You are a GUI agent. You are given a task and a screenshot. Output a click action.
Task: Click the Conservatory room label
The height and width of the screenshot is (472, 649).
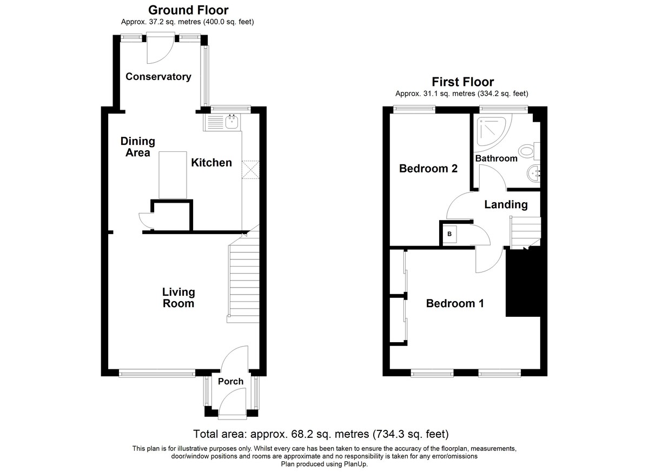coord(158,76)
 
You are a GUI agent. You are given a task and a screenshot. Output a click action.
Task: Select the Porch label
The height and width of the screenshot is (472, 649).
coord(230,381)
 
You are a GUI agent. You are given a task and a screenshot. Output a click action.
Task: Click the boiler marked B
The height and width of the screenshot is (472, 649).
coord(449,234)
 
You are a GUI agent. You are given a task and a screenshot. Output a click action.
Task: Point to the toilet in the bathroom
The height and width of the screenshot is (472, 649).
coord(529,151)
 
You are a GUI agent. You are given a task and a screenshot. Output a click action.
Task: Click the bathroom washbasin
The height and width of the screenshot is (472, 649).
coord(533,174)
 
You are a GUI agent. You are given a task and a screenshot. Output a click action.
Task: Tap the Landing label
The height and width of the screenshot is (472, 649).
coord(506,204)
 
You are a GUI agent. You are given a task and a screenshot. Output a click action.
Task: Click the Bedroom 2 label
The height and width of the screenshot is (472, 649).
coord(428,168)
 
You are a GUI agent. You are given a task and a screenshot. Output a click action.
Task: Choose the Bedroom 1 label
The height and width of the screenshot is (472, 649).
coord(455,303)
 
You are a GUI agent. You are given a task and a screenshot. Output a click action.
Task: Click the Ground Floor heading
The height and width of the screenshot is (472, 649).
coord(188,10)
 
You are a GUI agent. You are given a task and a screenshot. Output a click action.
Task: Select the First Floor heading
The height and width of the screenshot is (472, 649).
coord(463,82)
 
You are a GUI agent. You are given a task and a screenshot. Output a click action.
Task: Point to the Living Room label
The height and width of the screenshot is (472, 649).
coord(178,298)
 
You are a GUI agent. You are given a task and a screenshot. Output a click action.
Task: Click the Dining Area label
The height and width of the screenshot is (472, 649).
coord(138,147)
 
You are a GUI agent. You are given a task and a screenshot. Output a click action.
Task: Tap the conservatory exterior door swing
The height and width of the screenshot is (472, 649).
coord(160,49)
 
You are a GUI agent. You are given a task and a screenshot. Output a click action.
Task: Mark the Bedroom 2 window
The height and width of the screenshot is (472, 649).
coord(415,109)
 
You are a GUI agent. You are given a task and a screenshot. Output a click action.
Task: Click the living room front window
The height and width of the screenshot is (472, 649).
coord(157,373)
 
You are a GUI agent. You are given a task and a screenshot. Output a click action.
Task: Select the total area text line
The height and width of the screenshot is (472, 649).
coord(321,434)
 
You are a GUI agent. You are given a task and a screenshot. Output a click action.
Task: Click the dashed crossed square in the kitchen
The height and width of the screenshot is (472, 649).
coord(250,170)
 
